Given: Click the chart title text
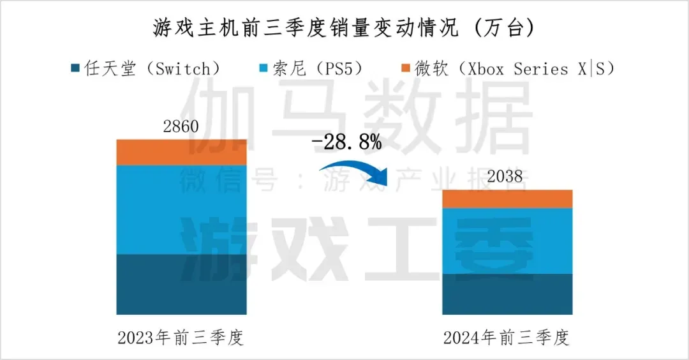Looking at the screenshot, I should (x=344, y=28).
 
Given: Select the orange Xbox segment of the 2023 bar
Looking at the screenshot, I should (x=181, y=153).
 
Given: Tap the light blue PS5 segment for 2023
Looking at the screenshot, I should (x=181, y=209).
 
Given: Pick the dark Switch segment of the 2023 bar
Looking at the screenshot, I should (x=181, y=284).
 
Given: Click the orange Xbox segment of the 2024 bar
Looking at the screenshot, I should (x=507, y=199).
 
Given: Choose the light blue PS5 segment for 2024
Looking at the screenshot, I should (x=507, y=241).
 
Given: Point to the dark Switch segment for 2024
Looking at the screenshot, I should (x=507, y=294).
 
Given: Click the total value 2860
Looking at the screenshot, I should (x=181, y=126).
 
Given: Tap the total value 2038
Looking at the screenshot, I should (x=507, y=177).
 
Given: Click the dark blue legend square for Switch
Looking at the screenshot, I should (x=75, y=69).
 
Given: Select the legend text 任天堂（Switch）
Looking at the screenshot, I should (x=154, y=69).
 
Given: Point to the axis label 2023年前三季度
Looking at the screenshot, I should (x=181, y=338).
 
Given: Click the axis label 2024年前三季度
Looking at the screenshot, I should (x=507, y=338).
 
